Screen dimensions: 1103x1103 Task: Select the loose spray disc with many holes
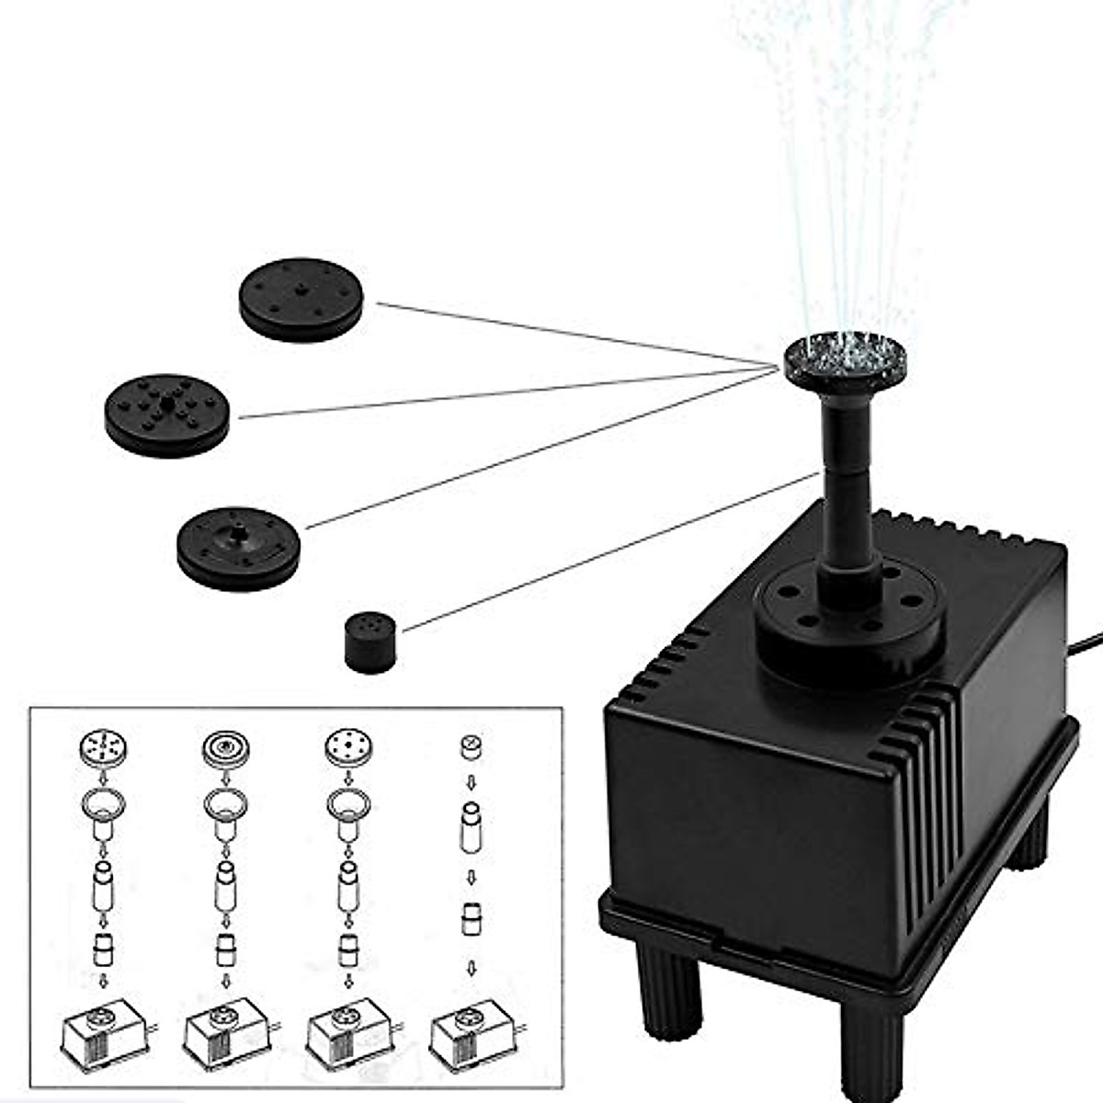pos(166,415)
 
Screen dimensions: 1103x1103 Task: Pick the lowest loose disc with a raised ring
pos(238,549)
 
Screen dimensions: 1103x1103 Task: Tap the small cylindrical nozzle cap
pos(370,643)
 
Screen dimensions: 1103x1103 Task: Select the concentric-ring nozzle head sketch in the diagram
pos(221,747)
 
